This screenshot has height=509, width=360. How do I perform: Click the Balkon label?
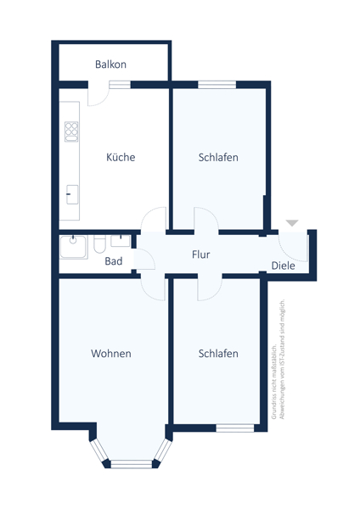(x=111, y=64)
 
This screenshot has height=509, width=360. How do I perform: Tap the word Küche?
(x=121, y=157)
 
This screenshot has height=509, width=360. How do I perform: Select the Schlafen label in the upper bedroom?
(x=218, y=157)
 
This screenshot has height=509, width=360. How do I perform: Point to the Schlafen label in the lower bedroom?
(x=218, y=353)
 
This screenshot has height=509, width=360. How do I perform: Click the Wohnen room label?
(x=111, y=353)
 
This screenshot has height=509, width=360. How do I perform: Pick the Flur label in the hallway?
(x=200, y=254)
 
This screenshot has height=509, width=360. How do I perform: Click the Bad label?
(x=114, y=261)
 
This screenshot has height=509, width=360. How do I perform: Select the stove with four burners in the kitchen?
(x=71, y=131)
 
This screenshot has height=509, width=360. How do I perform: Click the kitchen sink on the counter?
(x=72, y=192)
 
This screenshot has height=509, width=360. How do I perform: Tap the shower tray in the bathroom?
(x=73, y=248)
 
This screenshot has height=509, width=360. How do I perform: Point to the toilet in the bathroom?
(x=99, y=244)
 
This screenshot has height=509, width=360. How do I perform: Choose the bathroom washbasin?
(x=120, y=240)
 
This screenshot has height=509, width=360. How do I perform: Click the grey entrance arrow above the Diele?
(x=292, y=223)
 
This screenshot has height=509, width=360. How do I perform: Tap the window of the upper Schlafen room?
(x=211, y=84)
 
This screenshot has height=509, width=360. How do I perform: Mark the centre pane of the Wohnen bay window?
(x=131, y=463)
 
